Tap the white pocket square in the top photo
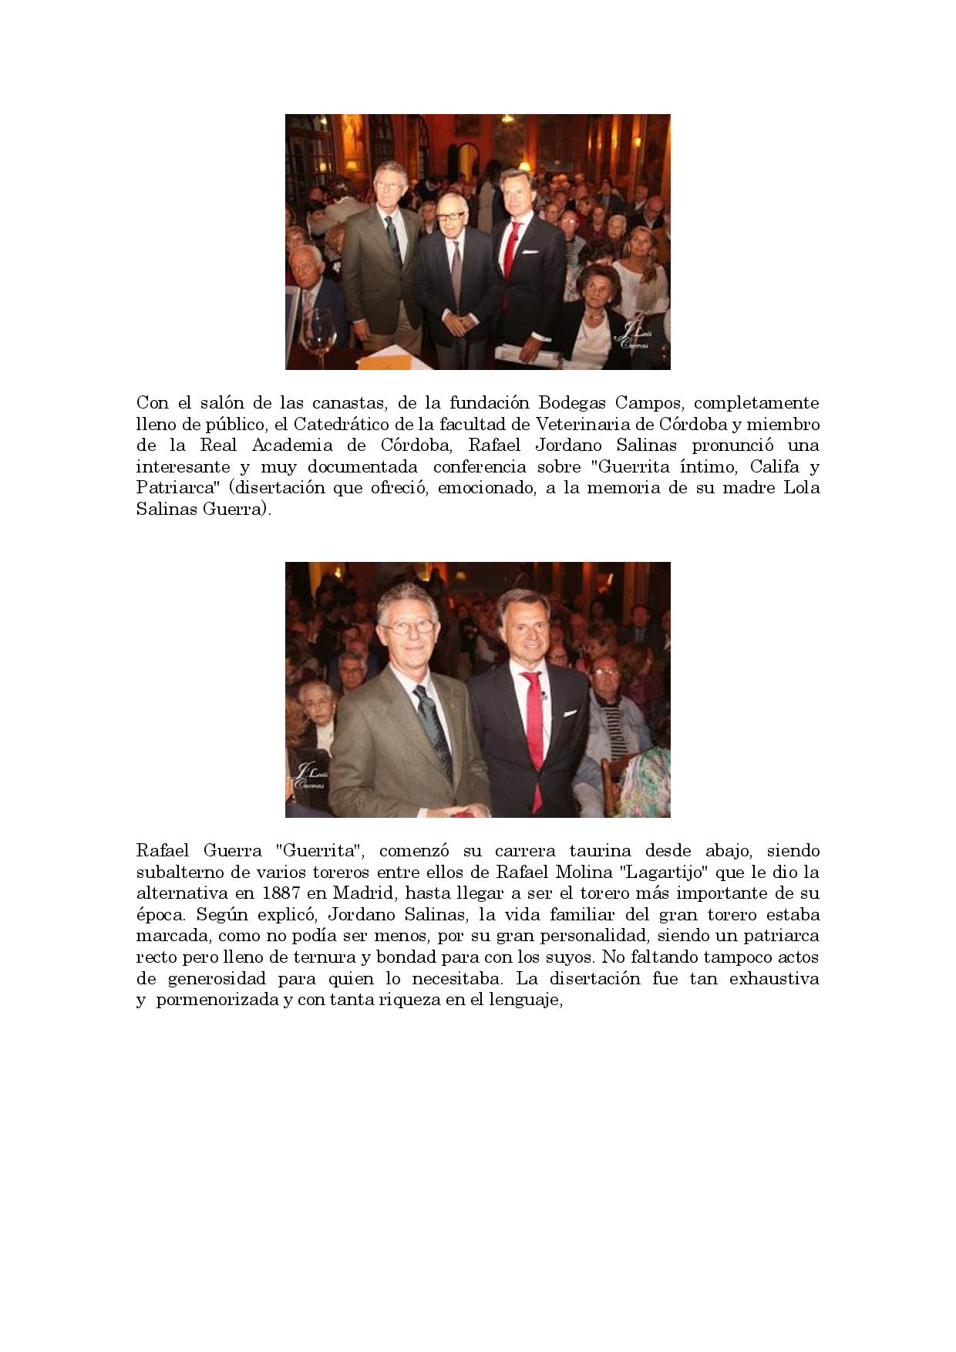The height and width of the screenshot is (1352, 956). point(530,251)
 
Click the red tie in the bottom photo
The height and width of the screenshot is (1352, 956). point(534,709)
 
